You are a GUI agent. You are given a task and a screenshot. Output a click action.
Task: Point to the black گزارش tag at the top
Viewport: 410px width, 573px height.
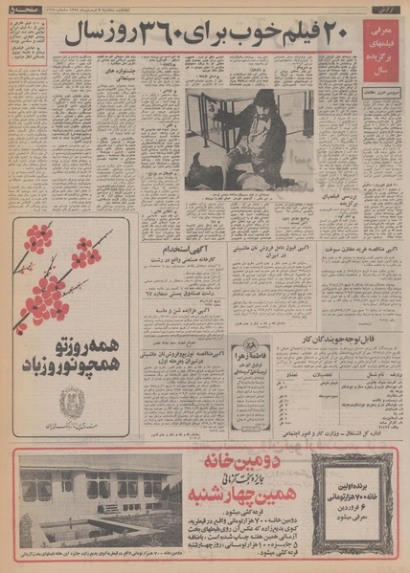pos(381,10)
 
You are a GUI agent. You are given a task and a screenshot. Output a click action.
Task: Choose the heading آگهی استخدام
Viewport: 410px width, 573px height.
pos(177,251)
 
